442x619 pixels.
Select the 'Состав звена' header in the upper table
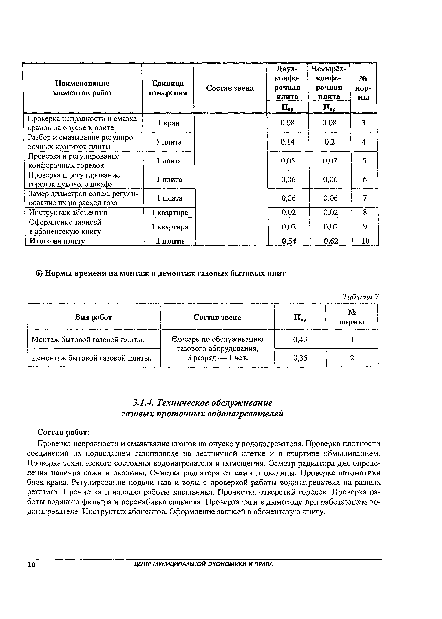coord(230,88)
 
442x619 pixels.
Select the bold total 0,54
coord(289,241)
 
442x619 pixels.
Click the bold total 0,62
coord(331,241)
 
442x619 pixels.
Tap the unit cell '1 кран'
coord(169,123)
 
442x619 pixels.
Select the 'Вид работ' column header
coord(93,317)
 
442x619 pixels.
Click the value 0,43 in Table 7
coord(300,339)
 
